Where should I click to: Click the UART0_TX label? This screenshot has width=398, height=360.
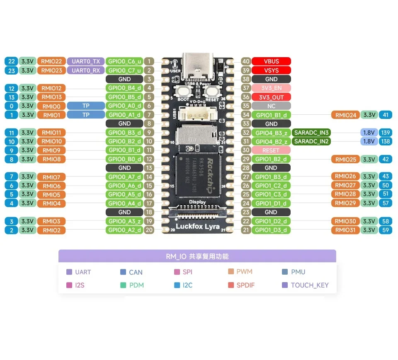85,61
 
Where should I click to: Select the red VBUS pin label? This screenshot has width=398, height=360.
271,61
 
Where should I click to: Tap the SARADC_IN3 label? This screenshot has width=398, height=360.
311,133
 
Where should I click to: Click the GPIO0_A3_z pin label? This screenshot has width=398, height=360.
124,221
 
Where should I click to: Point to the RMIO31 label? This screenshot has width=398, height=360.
345,230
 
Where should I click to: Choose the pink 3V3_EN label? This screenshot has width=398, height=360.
271,88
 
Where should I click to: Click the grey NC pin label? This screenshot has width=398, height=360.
271,106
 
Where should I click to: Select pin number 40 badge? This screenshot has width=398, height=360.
246,61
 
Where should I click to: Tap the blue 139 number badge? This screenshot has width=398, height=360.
385,133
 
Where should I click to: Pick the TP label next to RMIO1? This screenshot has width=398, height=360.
85,115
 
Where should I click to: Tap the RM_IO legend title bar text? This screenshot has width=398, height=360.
197,256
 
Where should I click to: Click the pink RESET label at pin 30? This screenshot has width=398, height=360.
271,150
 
